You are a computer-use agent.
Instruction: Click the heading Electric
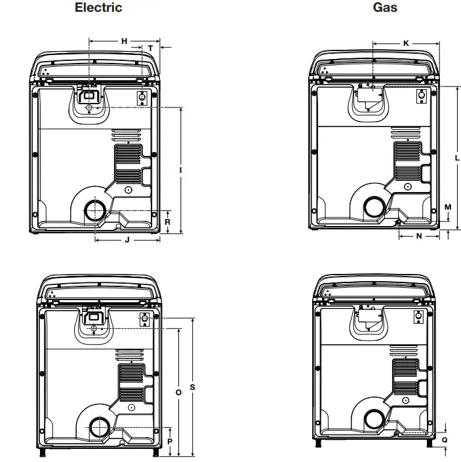point(98,8)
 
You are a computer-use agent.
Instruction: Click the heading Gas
point(385,8)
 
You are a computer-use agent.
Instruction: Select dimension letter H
point(124,41)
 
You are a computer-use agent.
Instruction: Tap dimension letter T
point(150,48)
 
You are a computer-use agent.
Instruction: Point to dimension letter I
point(180,170)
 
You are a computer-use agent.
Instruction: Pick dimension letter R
point(168,221)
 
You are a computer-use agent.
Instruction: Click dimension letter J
point(127,240)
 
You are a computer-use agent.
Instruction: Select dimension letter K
point(406,43)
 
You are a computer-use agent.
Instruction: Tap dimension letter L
point(457,157)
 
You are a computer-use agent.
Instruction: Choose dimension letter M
point(448,207)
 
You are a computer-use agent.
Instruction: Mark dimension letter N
point(419,237)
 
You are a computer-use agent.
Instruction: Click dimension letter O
point(178,392)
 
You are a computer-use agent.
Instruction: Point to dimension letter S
point(192,387)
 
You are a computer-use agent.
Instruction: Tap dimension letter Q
point(445,440)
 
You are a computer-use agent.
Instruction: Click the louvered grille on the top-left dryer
point(127,163)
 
